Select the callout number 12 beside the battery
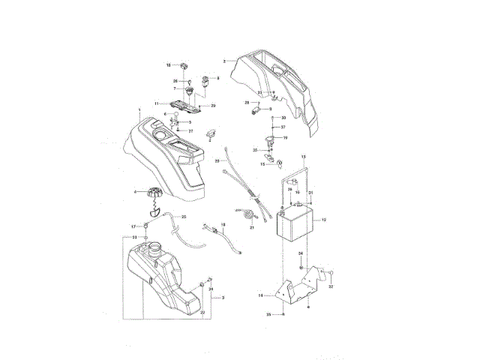coord(323,220)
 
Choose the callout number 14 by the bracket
coord(261,296)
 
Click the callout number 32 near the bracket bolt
coord(331,286)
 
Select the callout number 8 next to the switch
coord(217,78)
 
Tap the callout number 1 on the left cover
coord(139,109)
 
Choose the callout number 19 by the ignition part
coord(285,138)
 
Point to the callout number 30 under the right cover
coord(283,118)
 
